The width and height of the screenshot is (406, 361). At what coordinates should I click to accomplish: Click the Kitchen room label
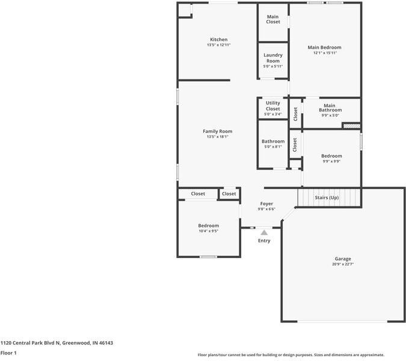(218, 40)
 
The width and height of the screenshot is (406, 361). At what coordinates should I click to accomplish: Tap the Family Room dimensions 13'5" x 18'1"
(217, 137)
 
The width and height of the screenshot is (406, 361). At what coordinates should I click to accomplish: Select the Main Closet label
(273, 19)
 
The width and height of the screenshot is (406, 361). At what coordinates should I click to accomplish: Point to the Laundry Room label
(273, 58)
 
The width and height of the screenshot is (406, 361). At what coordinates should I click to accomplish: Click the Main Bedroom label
(324, 48)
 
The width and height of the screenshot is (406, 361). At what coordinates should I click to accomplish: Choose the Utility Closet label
(272, 106)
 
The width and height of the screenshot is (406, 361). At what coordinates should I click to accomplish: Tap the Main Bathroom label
(330, 108)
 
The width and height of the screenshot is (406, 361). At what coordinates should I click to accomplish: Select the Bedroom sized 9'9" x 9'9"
(331, 156)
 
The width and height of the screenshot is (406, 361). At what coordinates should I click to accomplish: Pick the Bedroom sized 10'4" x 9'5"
(208, 226)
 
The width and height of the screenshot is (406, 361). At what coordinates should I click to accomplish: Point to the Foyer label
(266, 204)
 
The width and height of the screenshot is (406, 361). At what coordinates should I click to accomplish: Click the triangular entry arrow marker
(264, 232)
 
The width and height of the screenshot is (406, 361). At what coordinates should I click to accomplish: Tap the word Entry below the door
(264, 241)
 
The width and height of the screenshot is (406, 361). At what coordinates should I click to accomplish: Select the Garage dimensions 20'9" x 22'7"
(343, 264)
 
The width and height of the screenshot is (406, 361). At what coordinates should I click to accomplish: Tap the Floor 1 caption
(8, 353)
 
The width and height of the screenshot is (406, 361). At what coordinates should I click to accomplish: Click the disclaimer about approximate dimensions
(291, 355)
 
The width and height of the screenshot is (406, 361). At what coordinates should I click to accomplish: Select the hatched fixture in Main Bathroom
(351, 125)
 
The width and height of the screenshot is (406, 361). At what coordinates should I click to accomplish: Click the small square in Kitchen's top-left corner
(183, 10)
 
